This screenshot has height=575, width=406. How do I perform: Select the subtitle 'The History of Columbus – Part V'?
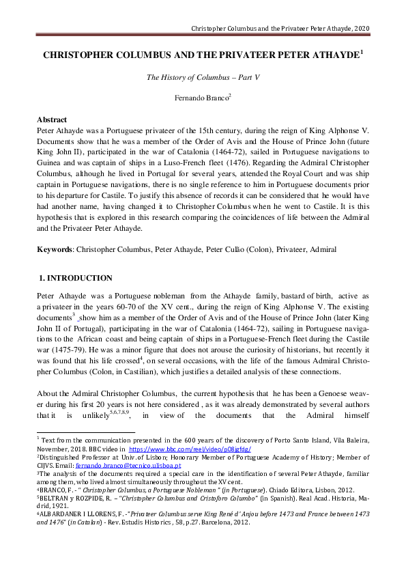[x=203, y=77]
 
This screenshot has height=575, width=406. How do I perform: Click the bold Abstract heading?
[x=52, y=119]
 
